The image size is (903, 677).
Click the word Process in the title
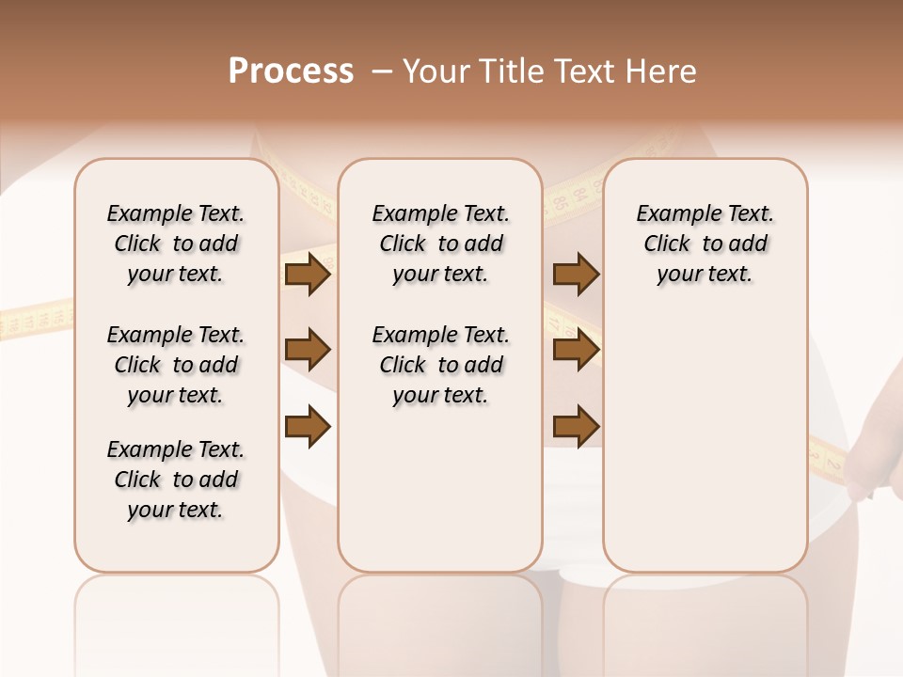coord(291,71)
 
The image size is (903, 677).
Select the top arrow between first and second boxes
coord(308,274)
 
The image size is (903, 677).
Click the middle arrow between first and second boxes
coord(308,351)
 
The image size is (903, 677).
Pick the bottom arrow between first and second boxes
coord(308,426)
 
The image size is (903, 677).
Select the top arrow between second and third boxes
coord(576,274)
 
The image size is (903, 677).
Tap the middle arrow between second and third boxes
coord(576,351)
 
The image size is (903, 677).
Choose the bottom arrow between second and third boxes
coord(576,426)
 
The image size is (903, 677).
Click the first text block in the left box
coord(176,244)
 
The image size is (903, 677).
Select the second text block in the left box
coord(176,365)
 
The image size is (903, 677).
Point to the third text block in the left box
coord(176,480)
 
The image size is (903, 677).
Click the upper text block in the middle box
coord(440,244)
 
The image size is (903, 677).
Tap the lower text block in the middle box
coord(440,365)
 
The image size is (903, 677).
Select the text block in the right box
coord(705,244)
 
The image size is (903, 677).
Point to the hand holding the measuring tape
coord(870,461)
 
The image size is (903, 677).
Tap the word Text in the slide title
coord(586,71)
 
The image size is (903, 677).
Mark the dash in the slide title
coord(382,71)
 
